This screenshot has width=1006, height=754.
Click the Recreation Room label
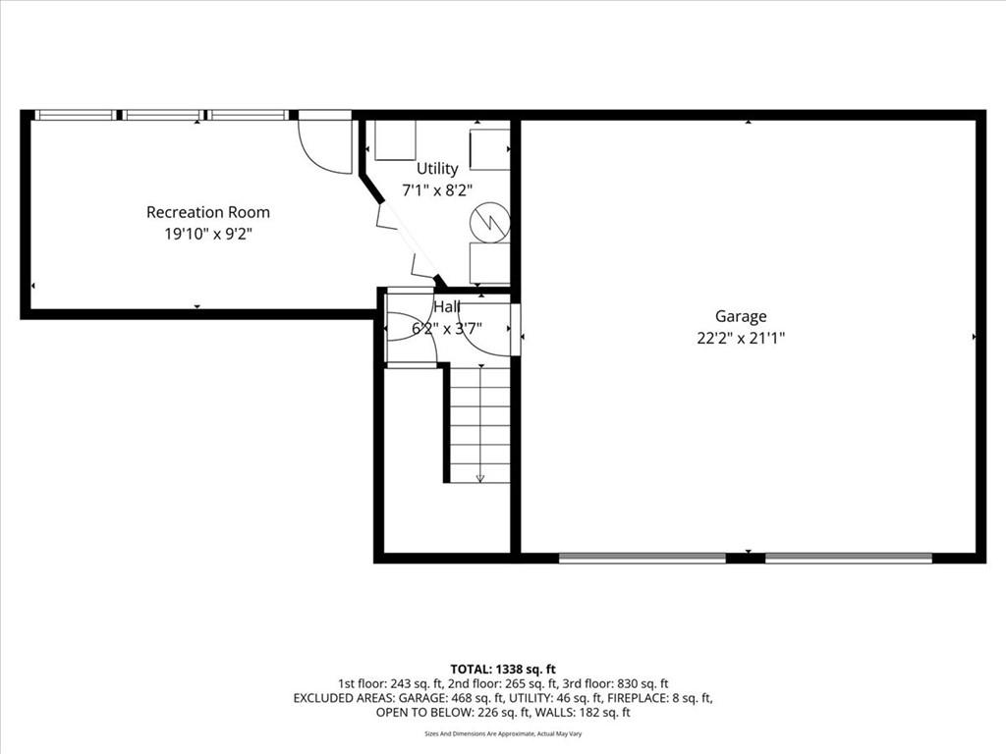coord(208,212)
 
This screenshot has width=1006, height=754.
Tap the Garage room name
coord(741,316)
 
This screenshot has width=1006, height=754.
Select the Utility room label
coord(437,169)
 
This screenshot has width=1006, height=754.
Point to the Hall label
coord(447,307)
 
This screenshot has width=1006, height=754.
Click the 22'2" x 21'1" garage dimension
coord(741,338)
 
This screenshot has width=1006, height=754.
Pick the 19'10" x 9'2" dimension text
coord(208,234)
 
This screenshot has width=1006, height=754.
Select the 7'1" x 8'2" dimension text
coord(437,190)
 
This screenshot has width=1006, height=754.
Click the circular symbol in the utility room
coord(490,223)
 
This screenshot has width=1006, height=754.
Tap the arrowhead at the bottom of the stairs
coord(479,478)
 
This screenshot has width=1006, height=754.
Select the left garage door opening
coord(643,558)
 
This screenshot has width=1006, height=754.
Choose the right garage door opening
coord(849,558)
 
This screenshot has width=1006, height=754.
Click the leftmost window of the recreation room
coord(75,116)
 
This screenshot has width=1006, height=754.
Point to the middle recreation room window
coord(163,116)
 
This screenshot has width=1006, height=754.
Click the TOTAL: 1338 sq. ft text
coord(503,670)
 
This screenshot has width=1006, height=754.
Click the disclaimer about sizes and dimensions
coord(503,733)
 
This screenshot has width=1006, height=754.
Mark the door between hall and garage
coord(515,330)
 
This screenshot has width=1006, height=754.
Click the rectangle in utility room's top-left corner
coord(395,139)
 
